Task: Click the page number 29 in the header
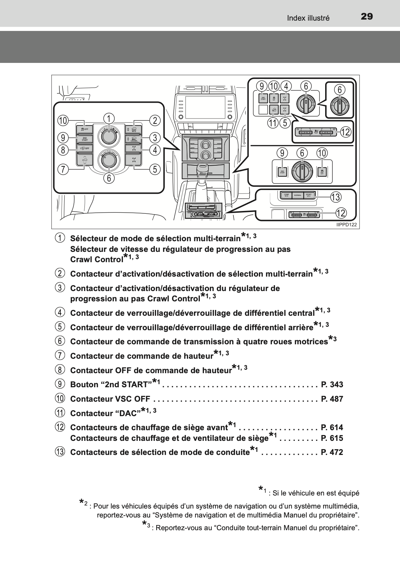tap(366, 16)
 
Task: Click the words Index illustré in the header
tap(308, 18)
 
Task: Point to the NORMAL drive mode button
tap(298, 195)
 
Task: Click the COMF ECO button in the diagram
tap(286, 195)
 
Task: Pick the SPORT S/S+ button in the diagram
tap(309, 195)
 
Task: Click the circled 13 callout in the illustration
tap(335, 197)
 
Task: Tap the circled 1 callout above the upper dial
tap(109, 119)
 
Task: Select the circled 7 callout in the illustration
tap(63, 169)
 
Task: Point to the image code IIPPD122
tap(346, 225)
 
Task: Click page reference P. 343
tap(332, 385)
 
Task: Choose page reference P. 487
tap(332, 399)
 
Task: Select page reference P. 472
tap(332, 452)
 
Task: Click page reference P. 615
tap(332, 438)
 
